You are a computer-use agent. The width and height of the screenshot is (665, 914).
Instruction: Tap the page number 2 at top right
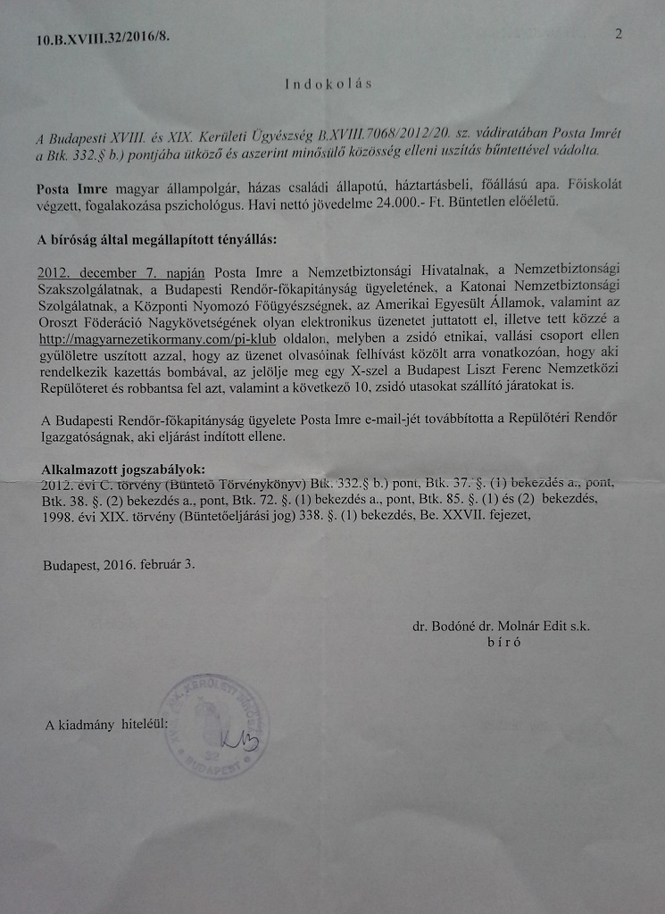coord(618,34)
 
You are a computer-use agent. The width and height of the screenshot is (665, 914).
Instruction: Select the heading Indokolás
coord(328,84)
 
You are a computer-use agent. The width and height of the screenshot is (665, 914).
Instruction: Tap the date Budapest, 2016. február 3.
coord(118,564)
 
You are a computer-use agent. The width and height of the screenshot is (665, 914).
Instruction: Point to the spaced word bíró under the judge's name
coord(504,642)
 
